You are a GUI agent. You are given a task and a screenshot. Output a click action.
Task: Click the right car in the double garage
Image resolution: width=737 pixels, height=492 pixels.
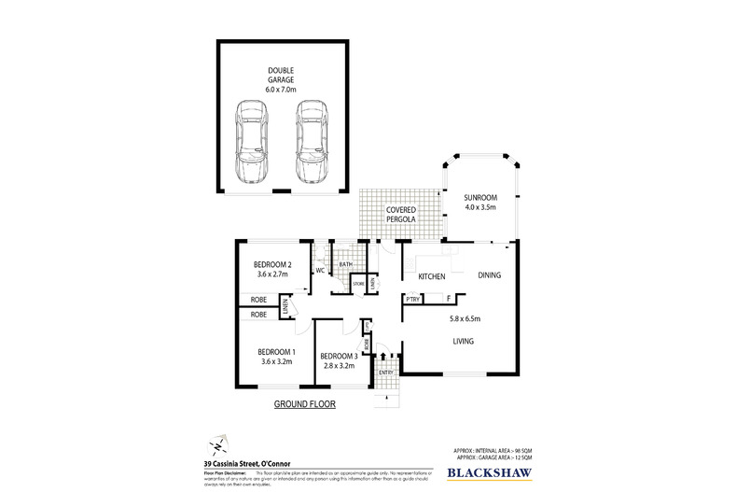(x=311, y=141)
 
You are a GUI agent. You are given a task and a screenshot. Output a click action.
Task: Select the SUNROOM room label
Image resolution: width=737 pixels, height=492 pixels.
(x=483, y=198)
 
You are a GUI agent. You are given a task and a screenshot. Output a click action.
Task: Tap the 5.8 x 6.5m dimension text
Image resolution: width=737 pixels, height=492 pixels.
(x=463, y=319)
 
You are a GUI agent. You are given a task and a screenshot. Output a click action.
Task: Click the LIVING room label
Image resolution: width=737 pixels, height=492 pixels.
(x=464, y=342)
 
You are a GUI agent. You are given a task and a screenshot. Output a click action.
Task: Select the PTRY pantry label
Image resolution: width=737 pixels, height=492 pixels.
(x=412, y=300)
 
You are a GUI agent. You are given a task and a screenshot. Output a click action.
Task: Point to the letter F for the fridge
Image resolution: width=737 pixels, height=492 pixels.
(x=449, y=300)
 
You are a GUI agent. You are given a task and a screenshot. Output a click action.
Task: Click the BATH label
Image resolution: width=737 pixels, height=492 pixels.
(x=345, y=265)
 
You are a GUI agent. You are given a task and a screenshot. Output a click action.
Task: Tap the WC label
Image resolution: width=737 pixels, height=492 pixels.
(x=319, y=272)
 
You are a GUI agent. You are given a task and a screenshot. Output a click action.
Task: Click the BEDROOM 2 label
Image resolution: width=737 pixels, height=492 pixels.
(x=274, y=264)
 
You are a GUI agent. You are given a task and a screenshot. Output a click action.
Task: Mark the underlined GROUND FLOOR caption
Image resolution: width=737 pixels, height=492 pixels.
(x=303, y=405)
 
